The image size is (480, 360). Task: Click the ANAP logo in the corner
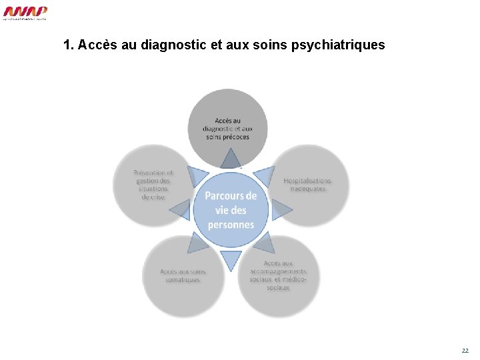click(x=25, y=13)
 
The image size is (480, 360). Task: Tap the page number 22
click(x=465, y=350)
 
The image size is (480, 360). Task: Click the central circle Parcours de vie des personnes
click(x=231, y=210)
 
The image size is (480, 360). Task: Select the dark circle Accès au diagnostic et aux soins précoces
click(x=228, y=123)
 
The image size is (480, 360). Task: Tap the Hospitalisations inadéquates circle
click(x=308, y=185)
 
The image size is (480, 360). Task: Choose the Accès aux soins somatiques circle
click(x=183, y=275)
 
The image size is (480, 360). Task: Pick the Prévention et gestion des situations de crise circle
click(x=152, y=185)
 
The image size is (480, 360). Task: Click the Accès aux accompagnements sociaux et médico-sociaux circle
click(x=279, y=275)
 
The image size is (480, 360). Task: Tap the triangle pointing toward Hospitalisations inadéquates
click(x=265, y=175)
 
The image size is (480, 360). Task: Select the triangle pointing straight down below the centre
click(x=231, y=259)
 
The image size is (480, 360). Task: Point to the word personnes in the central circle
click(x=231, y=225)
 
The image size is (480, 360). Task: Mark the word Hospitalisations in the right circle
click(x=307, y=181)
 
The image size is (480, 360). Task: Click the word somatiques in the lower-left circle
click(x=183, y=280)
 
